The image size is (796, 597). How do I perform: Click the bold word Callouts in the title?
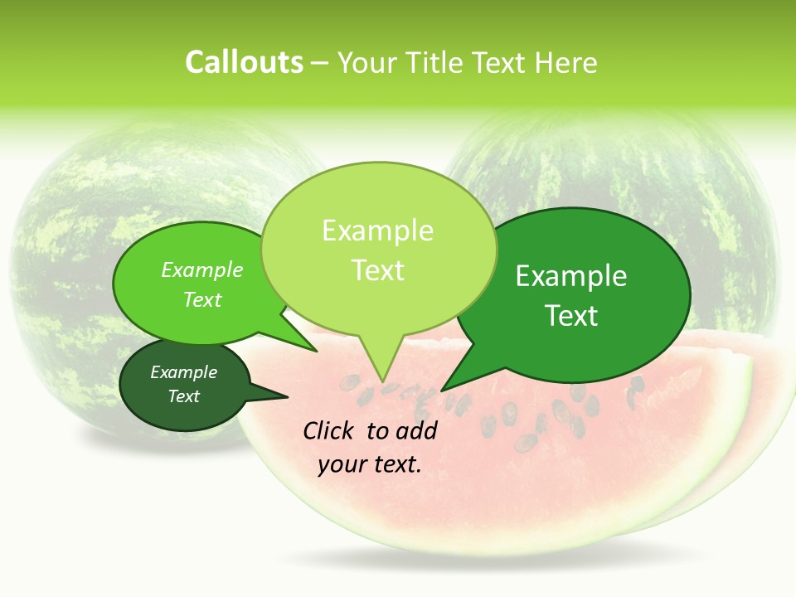[x=244, y=62]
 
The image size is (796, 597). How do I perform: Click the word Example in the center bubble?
[x=378, y=231]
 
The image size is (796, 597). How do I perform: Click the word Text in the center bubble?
[x=378, y=270]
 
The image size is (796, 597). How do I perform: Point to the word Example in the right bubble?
[x=571, y=276]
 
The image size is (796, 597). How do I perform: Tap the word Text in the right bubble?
[x=571, y=316]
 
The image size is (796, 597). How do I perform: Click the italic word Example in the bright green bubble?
[x=201, y=269]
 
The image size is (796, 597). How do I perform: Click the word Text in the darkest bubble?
[x=184, y=396]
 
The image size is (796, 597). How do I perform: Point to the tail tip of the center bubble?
[x=382, y=381]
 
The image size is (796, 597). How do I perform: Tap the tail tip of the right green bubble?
[x=444, y=389]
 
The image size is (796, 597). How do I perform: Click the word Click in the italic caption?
[x=331, y=430]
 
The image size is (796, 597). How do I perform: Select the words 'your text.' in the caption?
[x=370, y=464]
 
